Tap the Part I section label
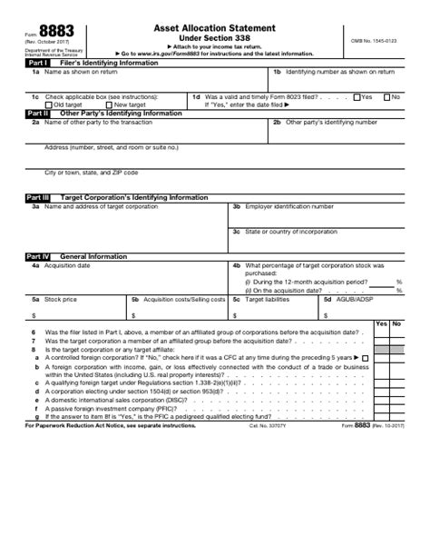[x=38, y=62]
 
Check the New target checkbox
[x=109, y=104]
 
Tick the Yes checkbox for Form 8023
[x=357, y=96]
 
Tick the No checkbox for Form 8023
[x=387, y=96]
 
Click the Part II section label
[x=38, y=114]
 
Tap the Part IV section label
[x=39, y=257]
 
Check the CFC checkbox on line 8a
[x=365, y=358]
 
